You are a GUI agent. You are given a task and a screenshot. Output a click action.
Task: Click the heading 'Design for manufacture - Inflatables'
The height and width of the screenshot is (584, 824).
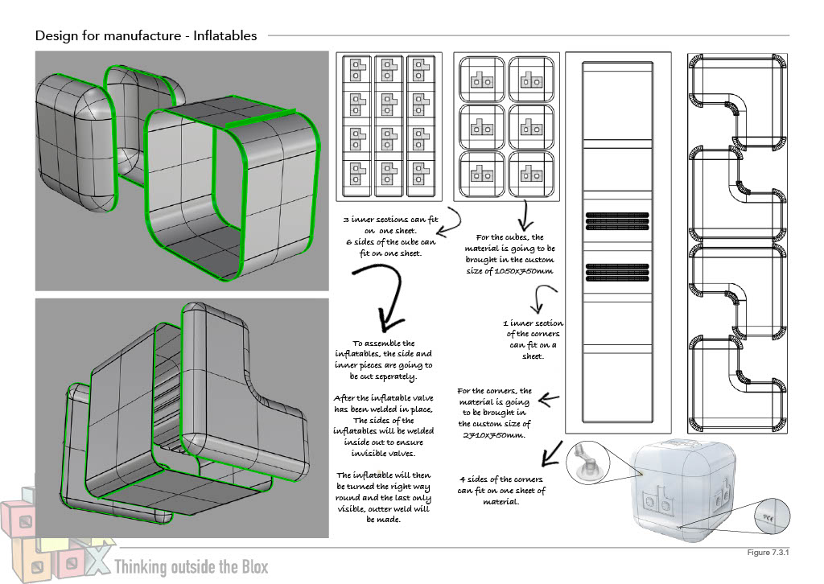[146, 35]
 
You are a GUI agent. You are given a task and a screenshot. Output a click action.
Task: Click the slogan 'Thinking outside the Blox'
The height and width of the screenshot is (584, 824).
[192, 566]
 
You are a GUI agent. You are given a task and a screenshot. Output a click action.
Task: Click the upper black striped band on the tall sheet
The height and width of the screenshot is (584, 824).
[617, 220]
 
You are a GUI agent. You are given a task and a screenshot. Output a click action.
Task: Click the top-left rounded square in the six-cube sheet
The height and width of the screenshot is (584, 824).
[481, 80]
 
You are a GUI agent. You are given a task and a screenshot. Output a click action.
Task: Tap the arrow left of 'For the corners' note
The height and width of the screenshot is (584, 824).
[548, 397]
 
